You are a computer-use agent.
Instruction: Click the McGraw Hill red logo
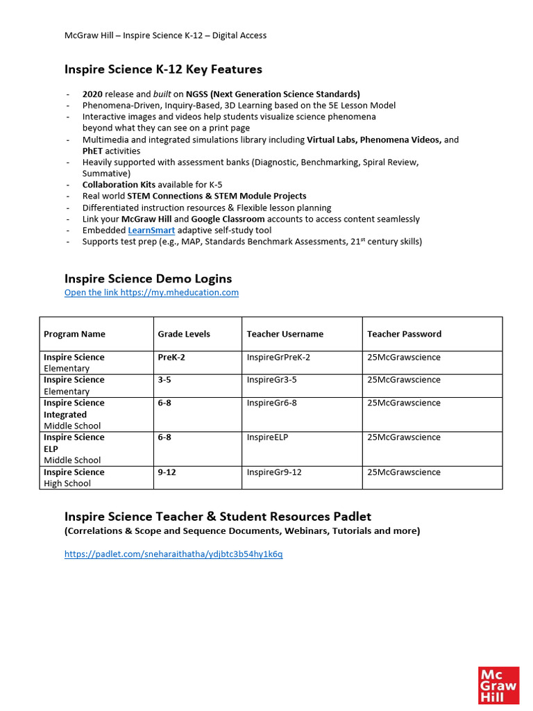[x=498, y=685]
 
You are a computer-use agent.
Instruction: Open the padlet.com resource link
[x=174, y=554]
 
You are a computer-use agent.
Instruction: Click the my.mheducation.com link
[x=151, y=292]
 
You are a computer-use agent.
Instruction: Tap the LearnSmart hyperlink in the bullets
[x=151, y=230]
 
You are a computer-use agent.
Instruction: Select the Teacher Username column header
[x=285, y=334]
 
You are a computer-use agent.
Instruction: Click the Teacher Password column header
[x=404, y=334]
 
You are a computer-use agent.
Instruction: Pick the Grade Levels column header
[x=184, y=334]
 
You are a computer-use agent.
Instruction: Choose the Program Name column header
[x=74, y=334]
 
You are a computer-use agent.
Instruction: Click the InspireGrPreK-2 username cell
[x=278, y=358]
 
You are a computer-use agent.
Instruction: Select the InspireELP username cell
[x=267, y=437]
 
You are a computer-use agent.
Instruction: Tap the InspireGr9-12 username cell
[x=274, y=472]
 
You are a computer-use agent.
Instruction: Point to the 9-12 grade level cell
[x=167, y=472]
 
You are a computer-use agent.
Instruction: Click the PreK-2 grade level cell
[x=171, y=358]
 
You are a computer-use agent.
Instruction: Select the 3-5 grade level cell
[x=164, y=380]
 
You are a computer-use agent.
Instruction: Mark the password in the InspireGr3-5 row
[x=404, y=380]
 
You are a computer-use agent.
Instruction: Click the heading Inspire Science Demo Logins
[x=148, y=278]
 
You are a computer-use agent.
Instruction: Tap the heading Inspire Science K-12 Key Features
[x=163, y=69]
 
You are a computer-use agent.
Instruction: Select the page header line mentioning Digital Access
[x=165, y=35]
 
